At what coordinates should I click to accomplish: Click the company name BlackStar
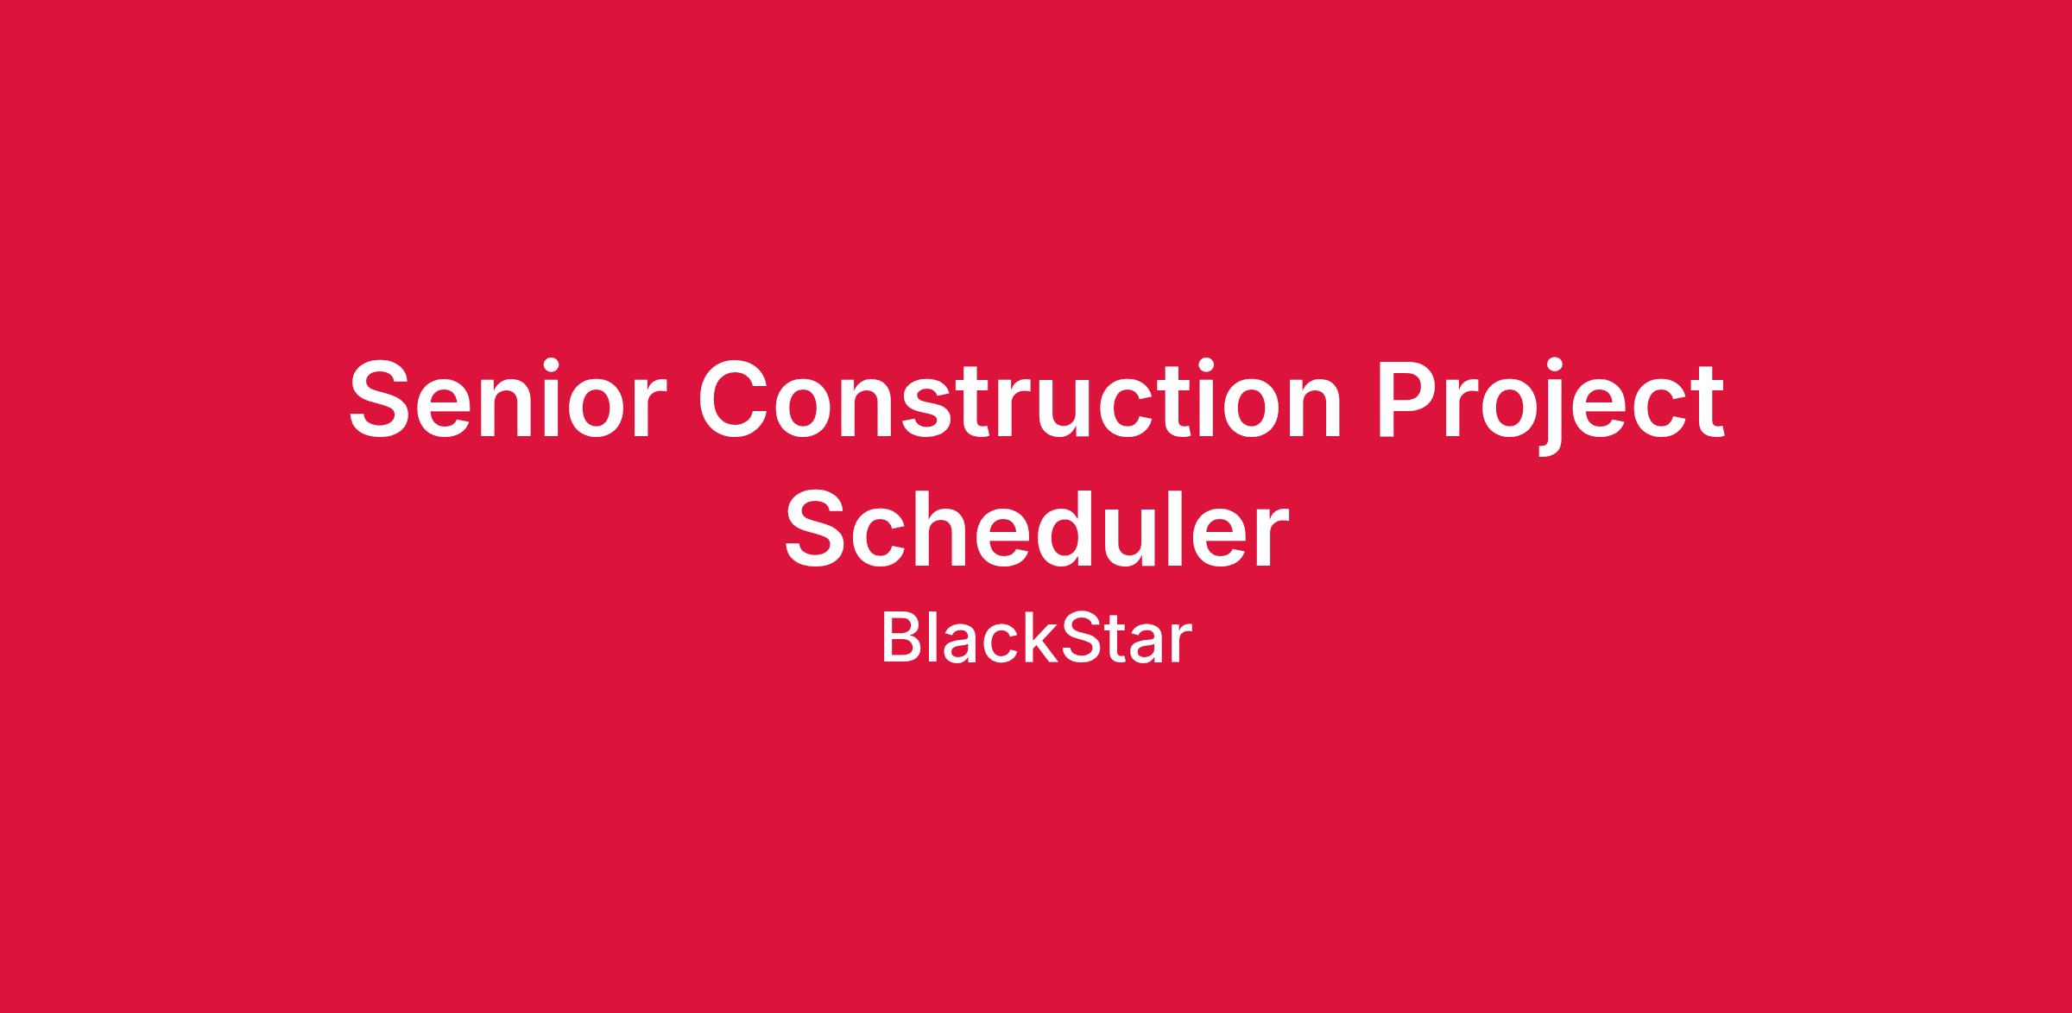point(1036,639)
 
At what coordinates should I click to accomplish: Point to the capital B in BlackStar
point(900,639)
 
